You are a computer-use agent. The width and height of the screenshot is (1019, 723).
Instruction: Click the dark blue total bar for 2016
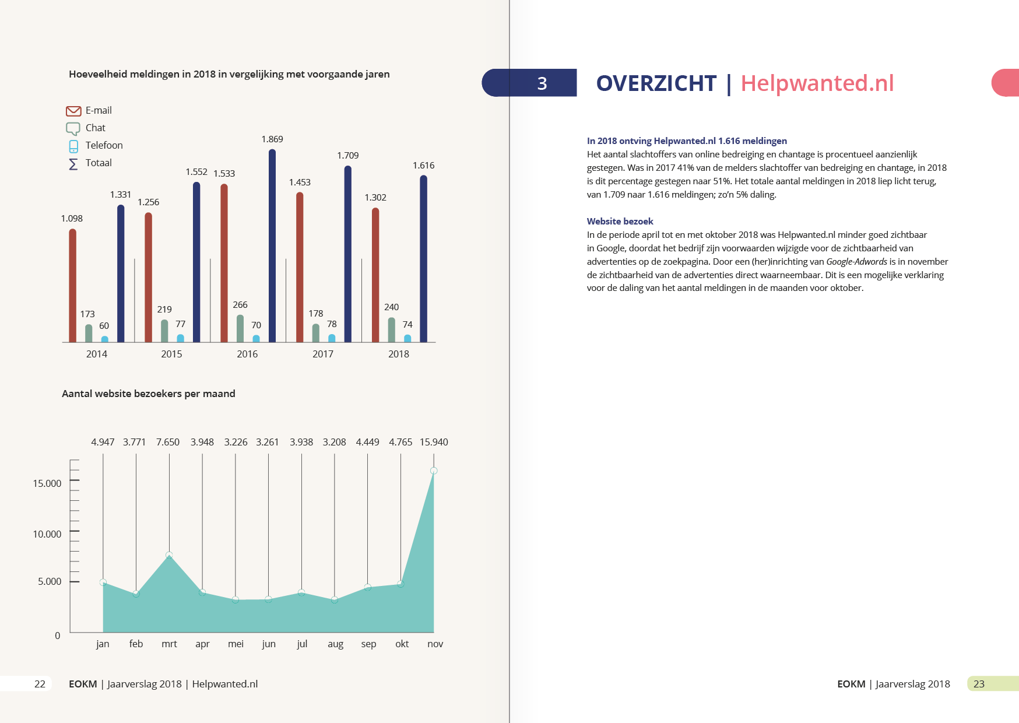pos(272,245)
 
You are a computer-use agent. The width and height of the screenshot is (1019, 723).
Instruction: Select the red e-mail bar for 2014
pos(73,285)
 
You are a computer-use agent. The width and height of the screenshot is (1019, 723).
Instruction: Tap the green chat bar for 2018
pos(392,329)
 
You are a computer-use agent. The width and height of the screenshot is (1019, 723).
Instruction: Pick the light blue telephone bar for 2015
pos(181,338)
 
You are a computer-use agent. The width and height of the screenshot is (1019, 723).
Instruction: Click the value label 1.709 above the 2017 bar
pos(348,156)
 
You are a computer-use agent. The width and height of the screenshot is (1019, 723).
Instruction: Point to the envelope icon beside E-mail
pos(73,111)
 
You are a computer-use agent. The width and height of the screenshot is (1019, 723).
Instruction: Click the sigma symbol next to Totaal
pos(73,164)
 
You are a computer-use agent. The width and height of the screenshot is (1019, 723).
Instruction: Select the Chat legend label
pos(96,128)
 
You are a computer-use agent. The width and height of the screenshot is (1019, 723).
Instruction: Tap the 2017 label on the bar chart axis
pos(323,354)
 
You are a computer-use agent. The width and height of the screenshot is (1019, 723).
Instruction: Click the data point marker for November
pos(434,471)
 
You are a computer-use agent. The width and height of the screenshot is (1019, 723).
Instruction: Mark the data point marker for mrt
pos(169,555)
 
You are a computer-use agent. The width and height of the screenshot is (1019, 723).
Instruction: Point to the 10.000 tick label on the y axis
pos(47,534)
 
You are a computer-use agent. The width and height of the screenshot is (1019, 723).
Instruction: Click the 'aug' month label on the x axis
pos(335,644)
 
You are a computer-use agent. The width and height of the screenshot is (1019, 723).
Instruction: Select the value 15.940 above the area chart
pos(434,442)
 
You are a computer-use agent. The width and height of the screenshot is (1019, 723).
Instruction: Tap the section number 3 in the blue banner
pos(542,83)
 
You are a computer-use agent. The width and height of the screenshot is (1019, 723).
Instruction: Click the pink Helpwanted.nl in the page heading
pos(817,83)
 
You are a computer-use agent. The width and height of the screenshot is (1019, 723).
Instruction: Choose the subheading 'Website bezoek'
pos(620,222)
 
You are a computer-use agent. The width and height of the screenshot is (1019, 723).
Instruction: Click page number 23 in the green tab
pos(979,684)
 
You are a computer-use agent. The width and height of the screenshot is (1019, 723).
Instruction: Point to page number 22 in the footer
pos(40,684)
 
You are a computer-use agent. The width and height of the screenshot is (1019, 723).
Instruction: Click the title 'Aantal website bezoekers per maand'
pos(149,394)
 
